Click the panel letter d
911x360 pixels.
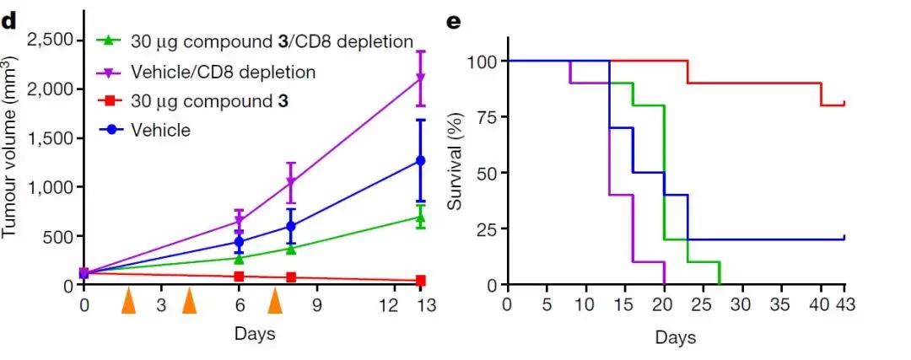(9, 22)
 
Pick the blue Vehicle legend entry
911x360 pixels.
(159, 130)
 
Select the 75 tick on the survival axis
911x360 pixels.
(484, 117)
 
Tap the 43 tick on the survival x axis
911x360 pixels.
(844, 302)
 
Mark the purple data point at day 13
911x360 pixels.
(420, 78)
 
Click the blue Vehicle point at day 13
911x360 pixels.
(420, 160)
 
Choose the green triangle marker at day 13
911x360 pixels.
(420, 217)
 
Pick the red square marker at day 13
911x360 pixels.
(420, 280)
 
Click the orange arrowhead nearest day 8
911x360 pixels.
(274, 301)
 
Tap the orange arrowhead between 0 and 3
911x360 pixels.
(128, 301)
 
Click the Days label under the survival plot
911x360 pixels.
(675, 338)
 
